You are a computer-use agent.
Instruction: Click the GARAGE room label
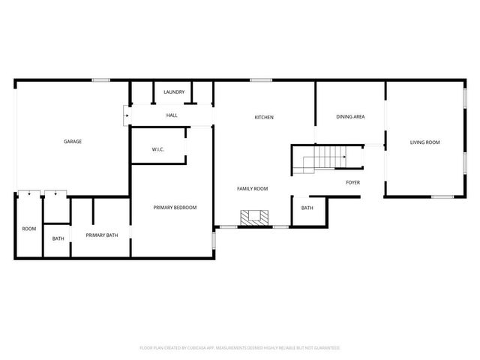pyautogui.click(x=72, y=141)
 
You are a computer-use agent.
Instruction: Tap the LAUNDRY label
pyautogui.click(x=174, y=92)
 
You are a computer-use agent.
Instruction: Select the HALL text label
pyautogui.click(x=172, y=115)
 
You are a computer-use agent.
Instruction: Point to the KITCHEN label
pyautogui.click(x=264, y=118)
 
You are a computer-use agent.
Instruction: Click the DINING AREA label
pyautogui.click(x=350, y=117)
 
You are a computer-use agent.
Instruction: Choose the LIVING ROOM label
pyautogui.click(x=424, y=142)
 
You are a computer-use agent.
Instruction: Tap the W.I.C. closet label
pyautogui.click(x=158, y=149)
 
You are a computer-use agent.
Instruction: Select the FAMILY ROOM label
pyautogui.click(x=252, y=189)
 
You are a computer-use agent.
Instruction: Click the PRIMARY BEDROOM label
pyautogui.click(x=175, y=208)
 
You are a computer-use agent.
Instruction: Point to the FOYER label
pyautogui.click(x=352, y=182)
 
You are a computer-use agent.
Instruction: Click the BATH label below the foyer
pyautogui.click(x=307, y=208)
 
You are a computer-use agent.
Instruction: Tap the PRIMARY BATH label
pyautogui.click(x=101, y=235)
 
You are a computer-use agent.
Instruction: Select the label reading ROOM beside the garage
pyautogui.click(x=28, y=229)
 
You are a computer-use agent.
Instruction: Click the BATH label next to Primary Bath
pyautogui.click(x=58, y=239)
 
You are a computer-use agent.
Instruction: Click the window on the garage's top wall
pyautogui.click(x=101, y=80)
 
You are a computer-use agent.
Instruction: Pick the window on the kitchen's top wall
pyautogui.click(x=260, y=80)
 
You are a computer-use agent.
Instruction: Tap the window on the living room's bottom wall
pyautogui.click(x=442, y=196)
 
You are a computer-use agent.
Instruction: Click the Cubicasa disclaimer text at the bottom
pyautogui.click(x=240, y=347)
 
